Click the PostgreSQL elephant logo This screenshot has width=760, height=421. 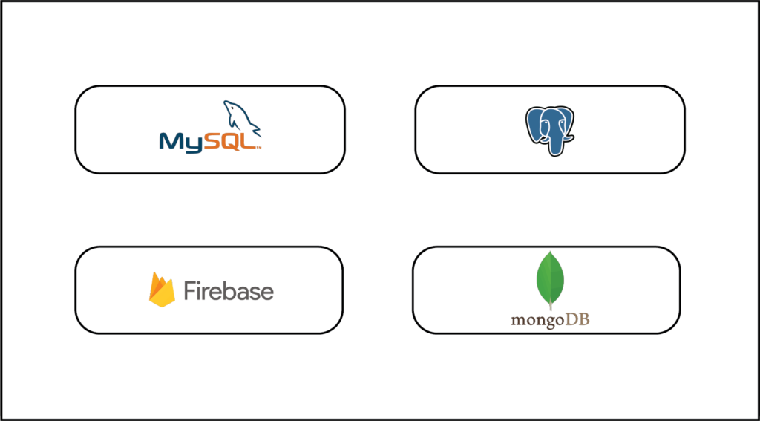tap(550, 131)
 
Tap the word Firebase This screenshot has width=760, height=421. tap(229, 290)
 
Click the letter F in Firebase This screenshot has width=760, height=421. tap(189, 290)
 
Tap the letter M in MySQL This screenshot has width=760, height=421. tap(171, 141)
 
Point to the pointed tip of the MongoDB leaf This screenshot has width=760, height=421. tap(550, 252)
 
